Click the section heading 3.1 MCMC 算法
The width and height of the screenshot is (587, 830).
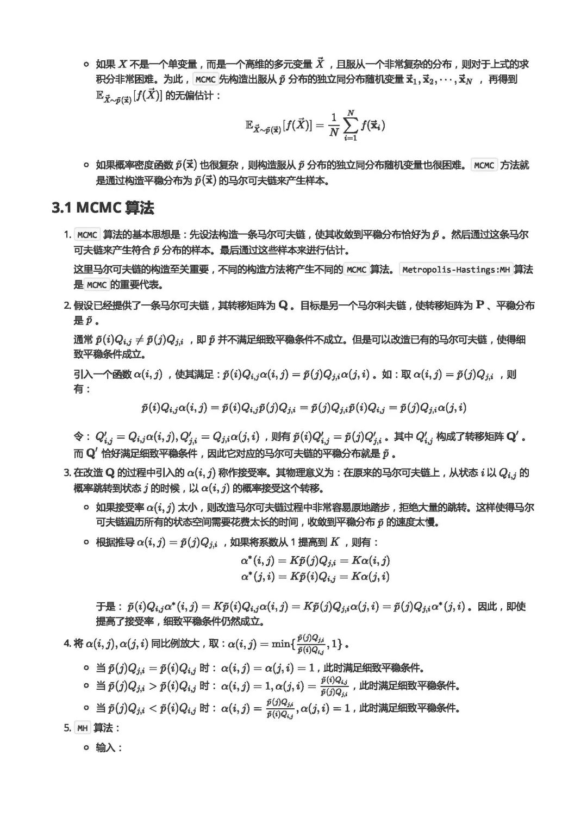coord(103,208)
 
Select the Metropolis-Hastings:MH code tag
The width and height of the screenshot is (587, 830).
coord(455,270)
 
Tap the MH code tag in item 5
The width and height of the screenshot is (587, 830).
coord(83,728)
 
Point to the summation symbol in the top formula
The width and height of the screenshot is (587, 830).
coord(351,126)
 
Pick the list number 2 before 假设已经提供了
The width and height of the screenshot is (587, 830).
coord(67,305)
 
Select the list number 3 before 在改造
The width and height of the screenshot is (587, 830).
coord(67,472)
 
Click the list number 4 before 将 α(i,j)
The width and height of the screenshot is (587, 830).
coord(67,644)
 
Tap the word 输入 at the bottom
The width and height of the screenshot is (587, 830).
coord(105,747)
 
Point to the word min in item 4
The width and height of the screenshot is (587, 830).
coord(281,644)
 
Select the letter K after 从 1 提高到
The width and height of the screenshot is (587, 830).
coord(335,542)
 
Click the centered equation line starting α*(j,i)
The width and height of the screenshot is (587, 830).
coord(315,576)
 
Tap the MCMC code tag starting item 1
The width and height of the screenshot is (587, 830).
coord(87,235)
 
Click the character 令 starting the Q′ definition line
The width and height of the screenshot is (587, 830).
coord(79,436)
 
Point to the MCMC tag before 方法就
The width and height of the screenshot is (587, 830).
coord(484,165)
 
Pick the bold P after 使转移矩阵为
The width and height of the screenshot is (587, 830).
coord(479,305)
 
